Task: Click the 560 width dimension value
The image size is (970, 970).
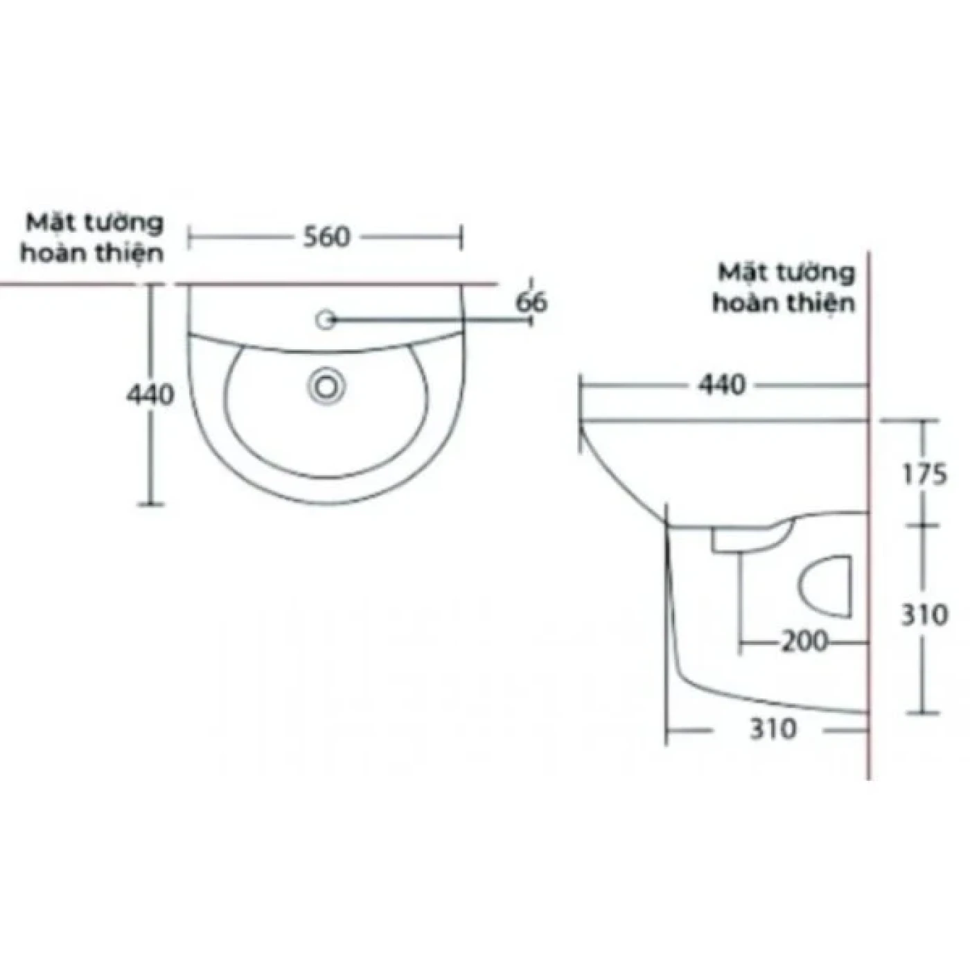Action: click(x=327, y=237)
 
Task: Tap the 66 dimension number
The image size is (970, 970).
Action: click(x=531, y=302)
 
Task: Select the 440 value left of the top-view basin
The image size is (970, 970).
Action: click(x=150, y=394)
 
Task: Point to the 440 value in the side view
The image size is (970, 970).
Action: click(x=721, y=385)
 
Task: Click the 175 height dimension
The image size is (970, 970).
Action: click(x=924, y=475)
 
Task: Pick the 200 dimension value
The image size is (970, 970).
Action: click(x=804, y=642)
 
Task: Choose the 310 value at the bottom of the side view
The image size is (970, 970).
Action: click(x=773, y=729)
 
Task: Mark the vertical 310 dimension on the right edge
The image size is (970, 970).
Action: click(x=924, y=615)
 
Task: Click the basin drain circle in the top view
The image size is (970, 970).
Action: click(x=326, y=385)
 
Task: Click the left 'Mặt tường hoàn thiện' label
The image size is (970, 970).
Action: click(x=93, y=238)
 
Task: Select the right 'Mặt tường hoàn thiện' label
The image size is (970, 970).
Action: click(x=785, y=288)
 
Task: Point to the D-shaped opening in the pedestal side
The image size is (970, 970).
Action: click(x=827, y=585)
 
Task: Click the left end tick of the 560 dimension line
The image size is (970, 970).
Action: click(x=190, y=238)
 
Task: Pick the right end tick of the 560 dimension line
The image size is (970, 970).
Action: click(x=461, y=238)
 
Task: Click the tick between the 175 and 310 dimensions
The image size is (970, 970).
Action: click(x=922, y=525)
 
